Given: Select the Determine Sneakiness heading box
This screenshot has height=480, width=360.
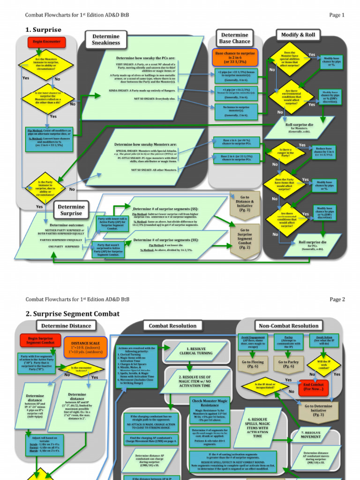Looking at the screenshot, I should point(106,39).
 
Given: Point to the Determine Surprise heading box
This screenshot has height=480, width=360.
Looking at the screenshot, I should point(72,210).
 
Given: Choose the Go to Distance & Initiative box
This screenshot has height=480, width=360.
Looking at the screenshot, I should point(245,204).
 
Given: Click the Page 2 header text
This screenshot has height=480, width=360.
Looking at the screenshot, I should point(337,299).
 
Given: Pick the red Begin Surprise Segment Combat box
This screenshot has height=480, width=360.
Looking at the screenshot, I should point(40,340).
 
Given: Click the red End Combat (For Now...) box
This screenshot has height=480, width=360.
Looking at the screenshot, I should point(314,386).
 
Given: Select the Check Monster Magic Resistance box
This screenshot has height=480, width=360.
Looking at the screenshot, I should point(210,403).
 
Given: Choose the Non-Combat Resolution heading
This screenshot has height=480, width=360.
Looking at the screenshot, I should point(288,326).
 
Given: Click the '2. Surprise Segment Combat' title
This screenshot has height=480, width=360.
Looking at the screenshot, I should point(73,314).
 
